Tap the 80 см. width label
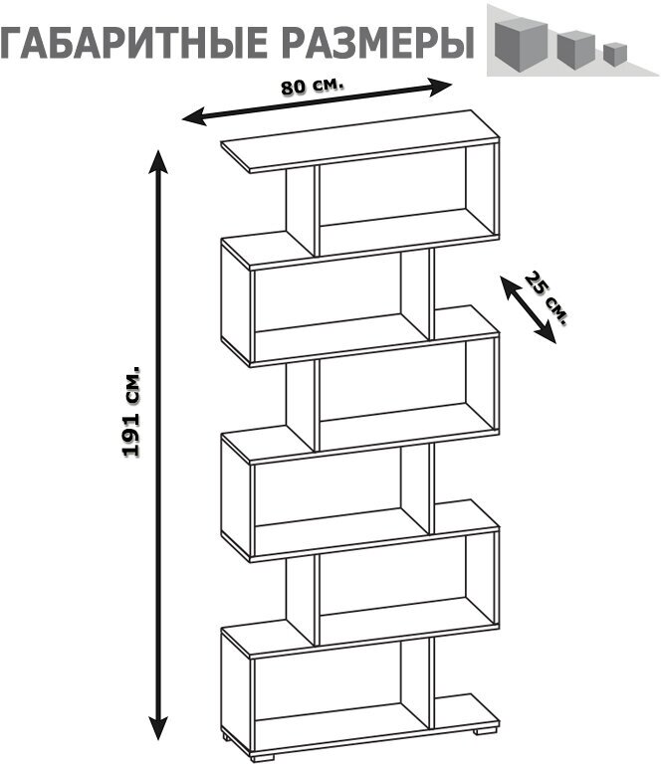pyautogui.click(x=312, y=86)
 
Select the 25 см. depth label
pyautogui.click(x=547, y=297)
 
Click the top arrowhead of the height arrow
pyautogui.click(x=157, y=157)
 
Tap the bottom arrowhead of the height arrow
pyautogui.click(x=157, y=730)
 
